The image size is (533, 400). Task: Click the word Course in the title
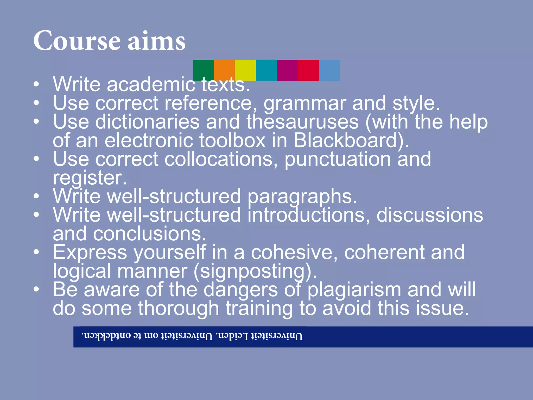(77, 41)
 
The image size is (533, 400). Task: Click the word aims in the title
(157, 41)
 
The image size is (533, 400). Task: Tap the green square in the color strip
(203, 70)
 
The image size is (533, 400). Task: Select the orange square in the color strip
(224, 70)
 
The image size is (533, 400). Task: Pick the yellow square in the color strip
(245, 70)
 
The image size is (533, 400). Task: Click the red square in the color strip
(308, 70)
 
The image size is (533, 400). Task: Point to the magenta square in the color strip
(287, 70)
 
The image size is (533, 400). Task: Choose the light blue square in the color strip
(329, 70)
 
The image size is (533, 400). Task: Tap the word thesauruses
(302, 122)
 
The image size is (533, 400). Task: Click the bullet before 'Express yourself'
(36, 252)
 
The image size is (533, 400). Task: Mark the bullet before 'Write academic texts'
(36, 84)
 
